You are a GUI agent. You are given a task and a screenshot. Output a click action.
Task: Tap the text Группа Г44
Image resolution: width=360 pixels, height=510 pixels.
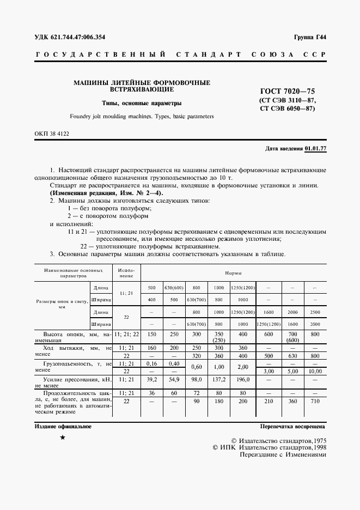[x=309, y=38]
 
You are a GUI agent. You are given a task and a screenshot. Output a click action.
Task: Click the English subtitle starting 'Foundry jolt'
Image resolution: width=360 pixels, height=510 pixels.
[x=142, y=117]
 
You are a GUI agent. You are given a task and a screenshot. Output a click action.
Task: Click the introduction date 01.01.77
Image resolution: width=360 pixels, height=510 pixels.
[x=315, y=148]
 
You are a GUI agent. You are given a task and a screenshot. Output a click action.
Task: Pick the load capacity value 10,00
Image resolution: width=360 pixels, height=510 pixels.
[x=315, y=371]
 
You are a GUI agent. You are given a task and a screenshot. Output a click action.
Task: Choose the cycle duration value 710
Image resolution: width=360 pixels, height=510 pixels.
[x=315, y=401]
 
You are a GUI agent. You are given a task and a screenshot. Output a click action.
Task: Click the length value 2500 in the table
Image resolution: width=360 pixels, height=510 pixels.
[x=315, y=312]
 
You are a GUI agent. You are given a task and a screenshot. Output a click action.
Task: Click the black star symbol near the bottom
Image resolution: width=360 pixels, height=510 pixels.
[x=63, y=438]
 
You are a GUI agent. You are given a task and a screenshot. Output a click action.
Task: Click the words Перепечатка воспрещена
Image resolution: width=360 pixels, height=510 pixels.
[x=292, y=427]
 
